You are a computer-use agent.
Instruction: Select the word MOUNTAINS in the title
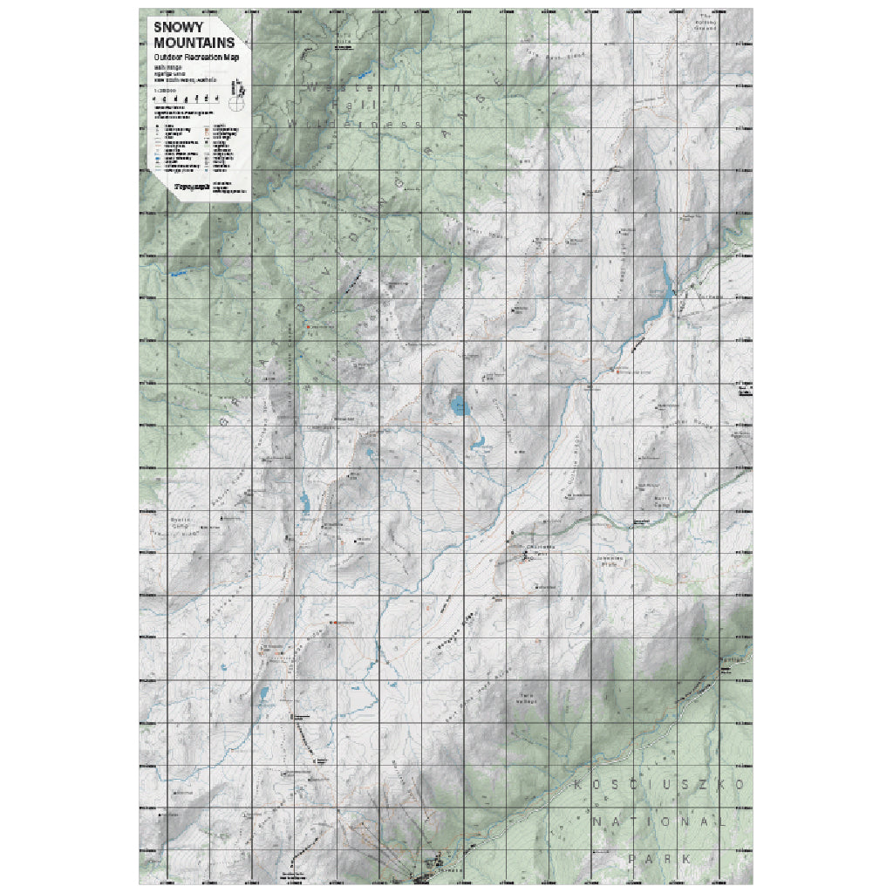[194, 42]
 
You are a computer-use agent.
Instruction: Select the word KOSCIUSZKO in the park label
[661, 785]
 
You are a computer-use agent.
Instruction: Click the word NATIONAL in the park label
[658, 821]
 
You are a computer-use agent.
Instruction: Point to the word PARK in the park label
[660, 859]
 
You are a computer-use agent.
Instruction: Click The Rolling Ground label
[706, 22]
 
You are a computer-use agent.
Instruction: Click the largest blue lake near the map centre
[459, 404]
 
